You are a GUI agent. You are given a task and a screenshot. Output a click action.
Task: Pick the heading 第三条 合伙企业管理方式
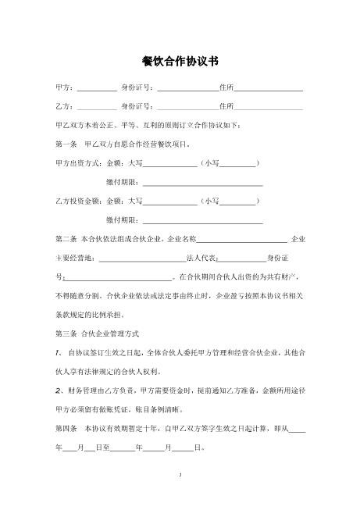tap(98, 333)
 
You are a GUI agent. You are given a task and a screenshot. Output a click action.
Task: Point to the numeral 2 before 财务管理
tap(58, 390)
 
